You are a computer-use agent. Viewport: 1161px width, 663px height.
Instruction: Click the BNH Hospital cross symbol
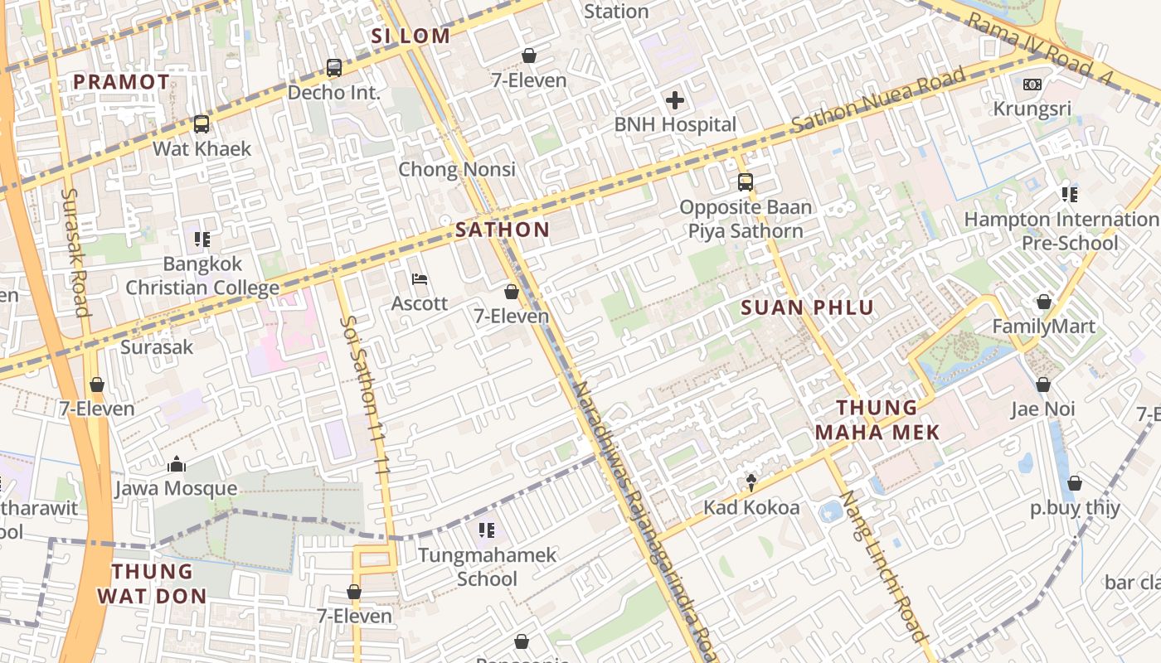(x=675, y=101)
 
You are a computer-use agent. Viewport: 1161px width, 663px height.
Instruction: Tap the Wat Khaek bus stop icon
(x=202, y=124)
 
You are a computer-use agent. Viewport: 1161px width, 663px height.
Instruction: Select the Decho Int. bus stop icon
(x=334, y=68)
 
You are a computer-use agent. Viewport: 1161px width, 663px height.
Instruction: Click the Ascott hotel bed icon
(x=420, y=279)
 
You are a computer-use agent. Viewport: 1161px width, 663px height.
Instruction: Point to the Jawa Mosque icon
(x=176, y=465)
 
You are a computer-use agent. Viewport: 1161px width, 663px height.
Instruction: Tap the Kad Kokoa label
(x=751, y=507)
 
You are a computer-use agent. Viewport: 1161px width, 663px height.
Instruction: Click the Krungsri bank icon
(x=1032, y=85)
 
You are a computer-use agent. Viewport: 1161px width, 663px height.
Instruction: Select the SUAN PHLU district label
(x=807, y=307)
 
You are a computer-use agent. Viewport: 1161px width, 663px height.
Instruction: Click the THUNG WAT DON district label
(x=152, y=583)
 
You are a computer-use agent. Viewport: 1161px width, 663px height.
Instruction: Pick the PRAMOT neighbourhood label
(x=122, y=82)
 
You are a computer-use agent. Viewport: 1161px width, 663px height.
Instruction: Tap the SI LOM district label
(x=410, y=36)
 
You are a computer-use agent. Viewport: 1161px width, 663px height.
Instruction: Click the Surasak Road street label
(x=75, y=252)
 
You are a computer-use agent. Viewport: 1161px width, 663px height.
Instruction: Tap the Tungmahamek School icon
(x=487, y=530)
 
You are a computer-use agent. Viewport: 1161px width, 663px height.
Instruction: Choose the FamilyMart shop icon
(x=1043, y=302)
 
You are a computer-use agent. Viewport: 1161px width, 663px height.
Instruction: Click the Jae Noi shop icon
(x=1043, y=385)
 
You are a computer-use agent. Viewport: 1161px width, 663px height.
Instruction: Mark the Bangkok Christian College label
(x=202, y=276)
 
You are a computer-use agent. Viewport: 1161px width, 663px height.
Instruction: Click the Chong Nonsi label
(x=457, y=169)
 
